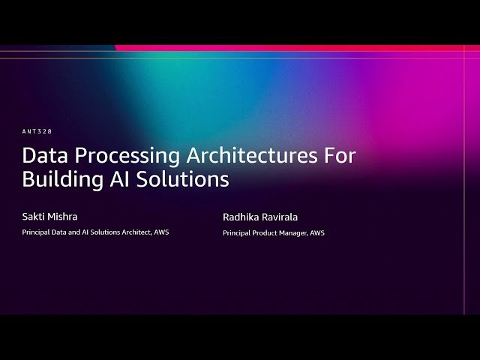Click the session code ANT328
pos(37,132)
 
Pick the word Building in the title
pos(63,180)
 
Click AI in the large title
pos(122,180)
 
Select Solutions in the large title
pos(184,180)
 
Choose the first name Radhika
pos(240,217)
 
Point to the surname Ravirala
pos(279,217)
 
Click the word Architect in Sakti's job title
pos(137,232)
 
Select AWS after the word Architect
pos(161,232)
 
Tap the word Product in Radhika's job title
pos(266,233)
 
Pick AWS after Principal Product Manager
pos(317,233)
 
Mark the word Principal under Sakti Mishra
pos(36,232)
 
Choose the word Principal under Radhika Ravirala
pos(237,233)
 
